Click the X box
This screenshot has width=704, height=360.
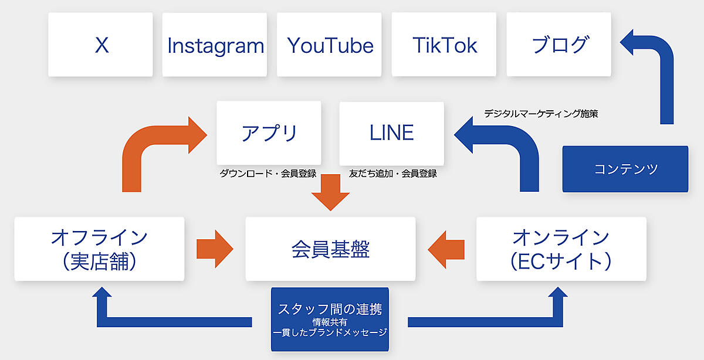tap(100, 45)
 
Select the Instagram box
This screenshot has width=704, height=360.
tap(215, 45)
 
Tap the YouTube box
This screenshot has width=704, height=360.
tap(330, 45)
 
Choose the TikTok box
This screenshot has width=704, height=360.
tap(445, 45)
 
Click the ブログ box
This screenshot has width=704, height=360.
tap(559, 45)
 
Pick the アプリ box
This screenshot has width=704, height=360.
tap(269, 133)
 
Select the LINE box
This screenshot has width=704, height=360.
tap(391, 133)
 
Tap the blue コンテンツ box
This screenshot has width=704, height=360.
tap(625, 169)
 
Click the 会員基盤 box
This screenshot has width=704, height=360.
tap(330, 249)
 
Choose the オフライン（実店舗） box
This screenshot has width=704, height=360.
tap(99, 249)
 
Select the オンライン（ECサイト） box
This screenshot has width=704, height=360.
tap(561, 249)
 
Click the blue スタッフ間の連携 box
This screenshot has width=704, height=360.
tap(331, 319)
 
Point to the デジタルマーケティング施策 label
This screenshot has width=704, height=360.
tap(540, 114)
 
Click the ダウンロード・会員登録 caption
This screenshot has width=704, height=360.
tap(268, 174)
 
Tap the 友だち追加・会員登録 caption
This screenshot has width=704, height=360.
tap(392, 174)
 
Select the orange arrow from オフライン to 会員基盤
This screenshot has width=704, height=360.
tap(215, 248)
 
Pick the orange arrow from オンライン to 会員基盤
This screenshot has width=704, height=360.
tap(446, 248)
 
